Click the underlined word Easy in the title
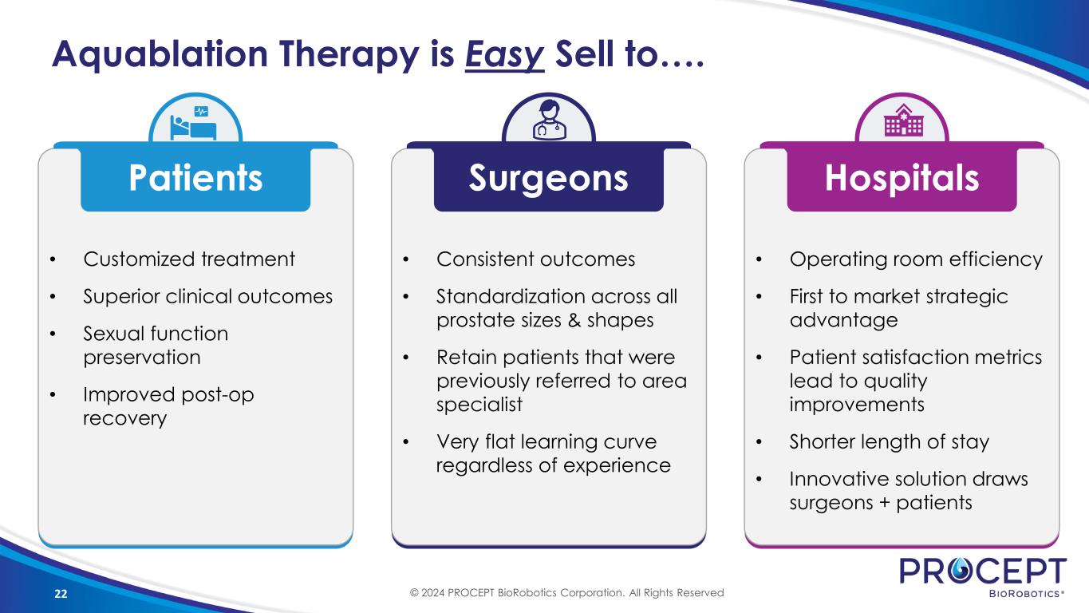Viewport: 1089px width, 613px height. click(x=505, y=54)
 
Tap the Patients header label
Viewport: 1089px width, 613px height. click(x=195, y=177)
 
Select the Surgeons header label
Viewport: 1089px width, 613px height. click(x=548, y=179)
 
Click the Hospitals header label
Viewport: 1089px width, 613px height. click(x=902, y=178)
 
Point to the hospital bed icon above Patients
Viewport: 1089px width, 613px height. click(x=194, y=124)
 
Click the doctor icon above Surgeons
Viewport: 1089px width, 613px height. click(x=550, y=121)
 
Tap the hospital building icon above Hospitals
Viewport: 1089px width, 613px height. click(x=903, y=120)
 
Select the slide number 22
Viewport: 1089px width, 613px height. click(x=61, y=594)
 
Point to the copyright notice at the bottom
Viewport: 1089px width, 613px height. click(x=567, y=592)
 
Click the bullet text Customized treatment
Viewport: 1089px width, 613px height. click(x=189, y=259)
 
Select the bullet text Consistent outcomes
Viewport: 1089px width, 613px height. click(x=536, y=259)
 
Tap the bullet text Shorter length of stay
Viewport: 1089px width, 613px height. click(x=890, y=441)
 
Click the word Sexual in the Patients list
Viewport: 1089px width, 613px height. click(x=114, y=334)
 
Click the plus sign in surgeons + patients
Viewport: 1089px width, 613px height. click(x=885, y=503)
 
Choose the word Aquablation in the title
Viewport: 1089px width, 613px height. click(x=160, y=54)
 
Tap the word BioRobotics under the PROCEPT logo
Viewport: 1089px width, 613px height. click(x=1024, y=594)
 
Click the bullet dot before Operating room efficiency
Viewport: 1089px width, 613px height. click(x=759, y=259)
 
